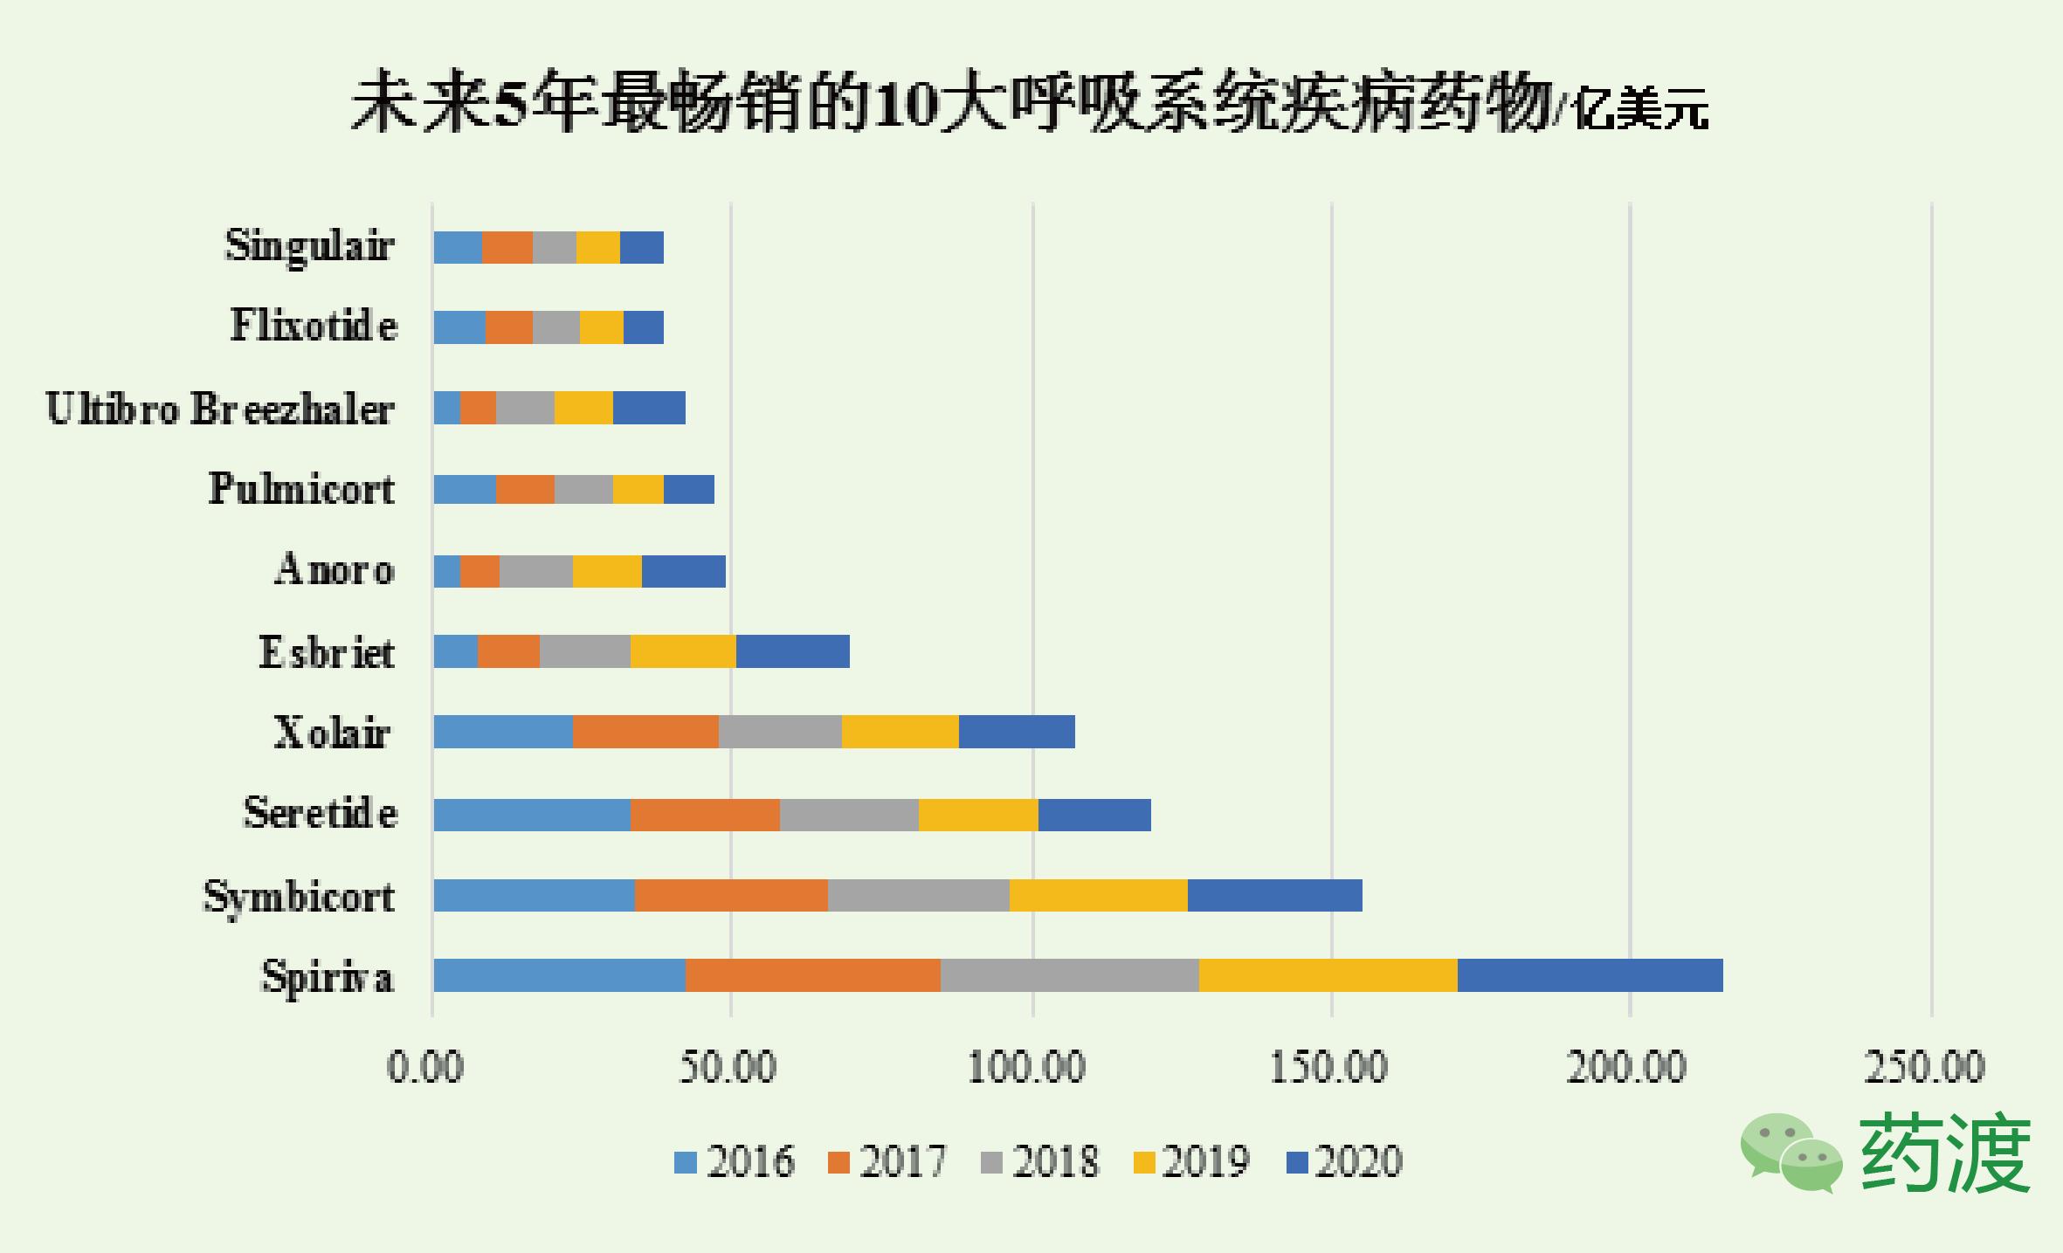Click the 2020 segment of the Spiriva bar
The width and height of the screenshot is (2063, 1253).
point(1590,975)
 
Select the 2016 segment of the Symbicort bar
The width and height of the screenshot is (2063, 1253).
point(534,895)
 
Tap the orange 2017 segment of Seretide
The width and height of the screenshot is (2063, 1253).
point(705,815)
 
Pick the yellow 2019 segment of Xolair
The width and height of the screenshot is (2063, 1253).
point(900,732)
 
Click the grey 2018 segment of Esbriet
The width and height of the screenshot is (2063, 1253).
point(584,651)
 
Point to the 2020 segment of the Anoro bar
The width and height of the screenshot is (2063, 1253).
point(683,571)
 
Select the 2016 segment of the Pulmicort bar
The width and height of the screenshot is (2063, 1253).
point(465,489)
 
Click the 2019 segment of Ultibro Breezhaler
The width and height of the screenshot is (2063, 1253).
point(583,408)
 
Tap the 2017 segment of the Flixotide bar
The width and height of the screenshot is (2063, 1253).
point(508,327)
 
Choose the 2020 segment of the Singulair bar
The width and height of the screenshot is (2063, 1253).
point(641,248)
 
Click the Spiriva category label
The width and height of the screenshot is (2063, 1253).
point(328,977)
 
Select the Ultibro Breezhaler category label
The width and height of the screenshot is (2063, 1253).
point(220,409)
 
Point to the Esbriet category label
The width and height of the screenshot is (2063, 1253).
point(327,652)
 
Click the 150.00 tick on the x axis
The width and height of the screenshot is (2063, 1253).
point(1328,1067)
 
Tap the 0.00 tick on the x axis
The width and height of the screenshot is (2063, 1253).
point(425,1067)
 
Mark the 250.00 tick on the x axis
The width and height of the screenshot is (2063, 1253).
point(1925,1067)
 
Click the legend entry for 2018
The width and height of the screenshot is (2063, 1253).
point(1039,1162)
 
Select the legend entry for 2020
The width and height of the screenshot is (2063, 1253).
point(1345,1162)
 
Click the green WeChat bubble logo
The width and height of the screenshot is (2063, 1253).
point(1790,1153)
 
